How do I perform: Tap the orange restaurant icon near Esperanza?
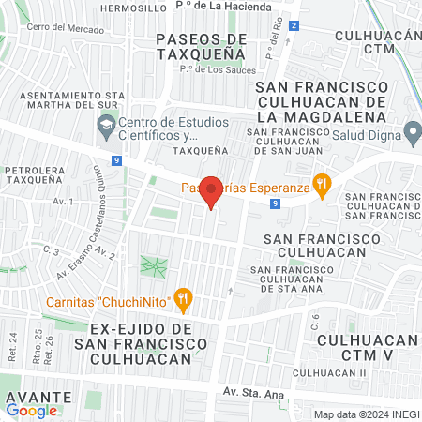coord(323,187)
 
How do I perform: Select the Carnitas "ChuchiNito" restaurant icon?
coord(184,301)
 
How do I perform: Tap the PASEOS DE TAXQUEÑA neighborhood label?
coord(201,46)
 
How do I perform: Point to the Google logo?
coord(32,410)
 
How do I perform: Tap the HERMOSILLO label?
coord(131,7)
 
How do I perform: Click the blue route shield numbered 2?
coord(294,25)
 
